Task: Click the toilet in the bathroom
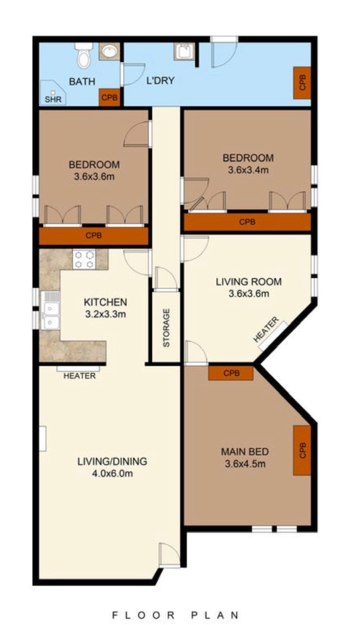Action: click(84, 56)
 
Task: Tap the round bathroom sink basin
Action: click(109, 51)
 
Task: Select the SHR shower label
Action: click(53, 99)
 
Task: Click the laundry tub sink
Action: click(184, 51)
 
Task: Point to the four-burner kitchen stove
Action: click(84, 259)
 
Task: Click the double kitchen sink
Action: click(50, 310)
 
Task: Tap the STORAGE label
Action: click(167, 328)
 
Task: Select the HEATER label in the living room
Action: click(266, 330)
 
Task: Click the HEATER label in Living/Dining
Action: click(80, 376)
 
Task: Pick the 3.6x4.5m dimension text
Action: click(245, 464)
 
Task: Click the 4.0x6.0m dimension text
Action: click(112, 474)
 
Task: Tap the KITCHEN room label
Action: click(106, 302)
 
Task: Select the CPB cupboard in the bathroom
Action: click(109, 98)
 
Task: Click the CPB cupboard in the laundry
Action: click(302, 83)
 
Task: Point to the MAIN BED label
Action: click(245, 452)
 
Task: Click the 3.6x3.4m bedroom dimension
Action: click(248, 170)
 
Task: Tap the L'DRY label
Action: click(161, 81)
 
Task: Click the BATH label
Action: click(82, 82)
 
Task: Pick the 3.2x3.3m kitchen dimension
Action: click(106, 314)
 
